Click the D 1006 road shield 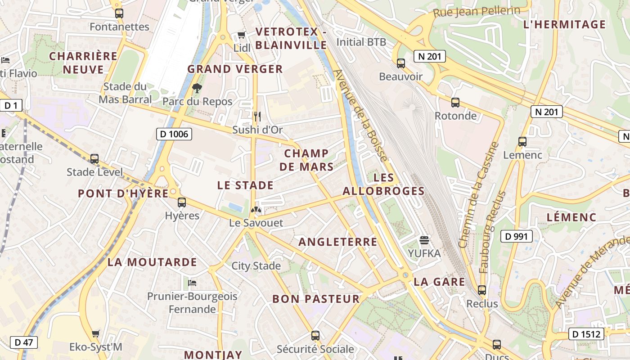click(174, 134)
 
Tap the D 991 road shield click(516, 236)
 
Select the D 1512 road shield click(586, 334)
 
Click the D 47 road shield click(23, 342)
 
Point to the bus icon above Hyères click(182, 202)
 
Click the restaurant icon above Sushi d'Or click(257, 117)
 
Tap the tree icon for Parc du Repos click(197, 88)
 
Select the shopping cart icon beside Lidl click(241, 35)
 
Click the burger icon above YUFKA click(424, 240)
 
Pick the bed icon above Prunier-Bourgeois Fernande click(192, 283)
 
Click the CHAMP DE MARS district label click(306, 160)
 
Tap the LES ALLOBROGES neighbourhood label click(383, 184)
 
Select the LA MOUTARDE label click(152, 262)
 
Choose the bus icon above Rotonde click(455, 102)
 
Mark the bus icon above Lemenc click(522, 141)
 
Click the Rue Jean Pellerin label click(477, 12)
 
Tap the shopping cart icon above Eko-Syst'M click(95, 333)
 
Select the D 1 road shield click(11, 106)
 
